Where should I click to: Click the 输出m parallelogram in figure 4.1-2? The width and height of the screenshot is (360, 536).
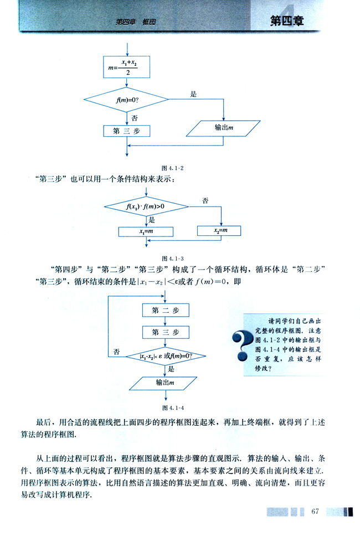223,128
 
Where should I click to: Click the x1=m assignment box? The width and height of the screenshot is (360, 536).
146,231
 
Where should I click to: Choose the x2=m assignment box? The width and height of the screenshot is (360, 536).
220,230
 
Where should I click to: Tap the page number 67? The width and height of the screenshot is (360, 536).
316,510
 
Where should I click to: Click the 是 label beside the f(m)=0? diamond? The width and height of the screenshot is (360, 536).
193,95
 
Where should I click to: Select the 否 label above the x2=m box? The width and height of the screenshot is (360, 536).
205,200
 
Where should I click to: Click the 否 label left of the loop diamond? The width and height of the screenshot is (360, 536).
116,351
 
